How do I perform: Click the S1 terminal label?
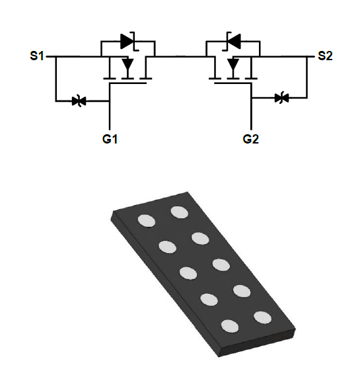click(x=37, y=56)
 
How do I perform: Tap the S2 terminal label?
click(x=325, y=56)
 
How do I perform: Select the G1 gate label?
click(x=110, y=139)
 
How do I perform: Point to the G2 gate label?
click(x=251, y=139)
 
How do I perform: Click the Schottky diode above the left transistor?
click(x=128, y=41)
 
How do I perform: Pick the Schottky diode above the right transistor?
click(x=233, y=41)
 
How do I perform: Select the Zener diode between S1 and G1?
click(x=79, y=101)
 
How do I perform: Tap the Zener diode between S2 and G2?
click(x=281, y=98)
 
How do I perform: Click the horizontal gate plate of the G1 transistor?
click(x=127, y=83)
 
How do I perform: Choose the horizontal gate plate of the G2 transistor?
click(x=233, y=83)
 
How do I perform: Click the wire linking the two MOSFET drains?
click(x=180, y=57)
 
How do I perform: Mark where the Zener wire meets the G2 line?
click(x=252, y=98)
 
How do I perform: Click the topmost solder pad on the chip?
click(x=180, y=212)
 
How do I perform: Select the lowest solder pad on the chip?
click(x=230, y=326)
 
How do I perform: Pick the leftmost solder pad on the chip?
click(x=147, y=221)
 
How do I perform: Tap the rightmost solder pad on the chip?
click(x=263, y=317)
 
